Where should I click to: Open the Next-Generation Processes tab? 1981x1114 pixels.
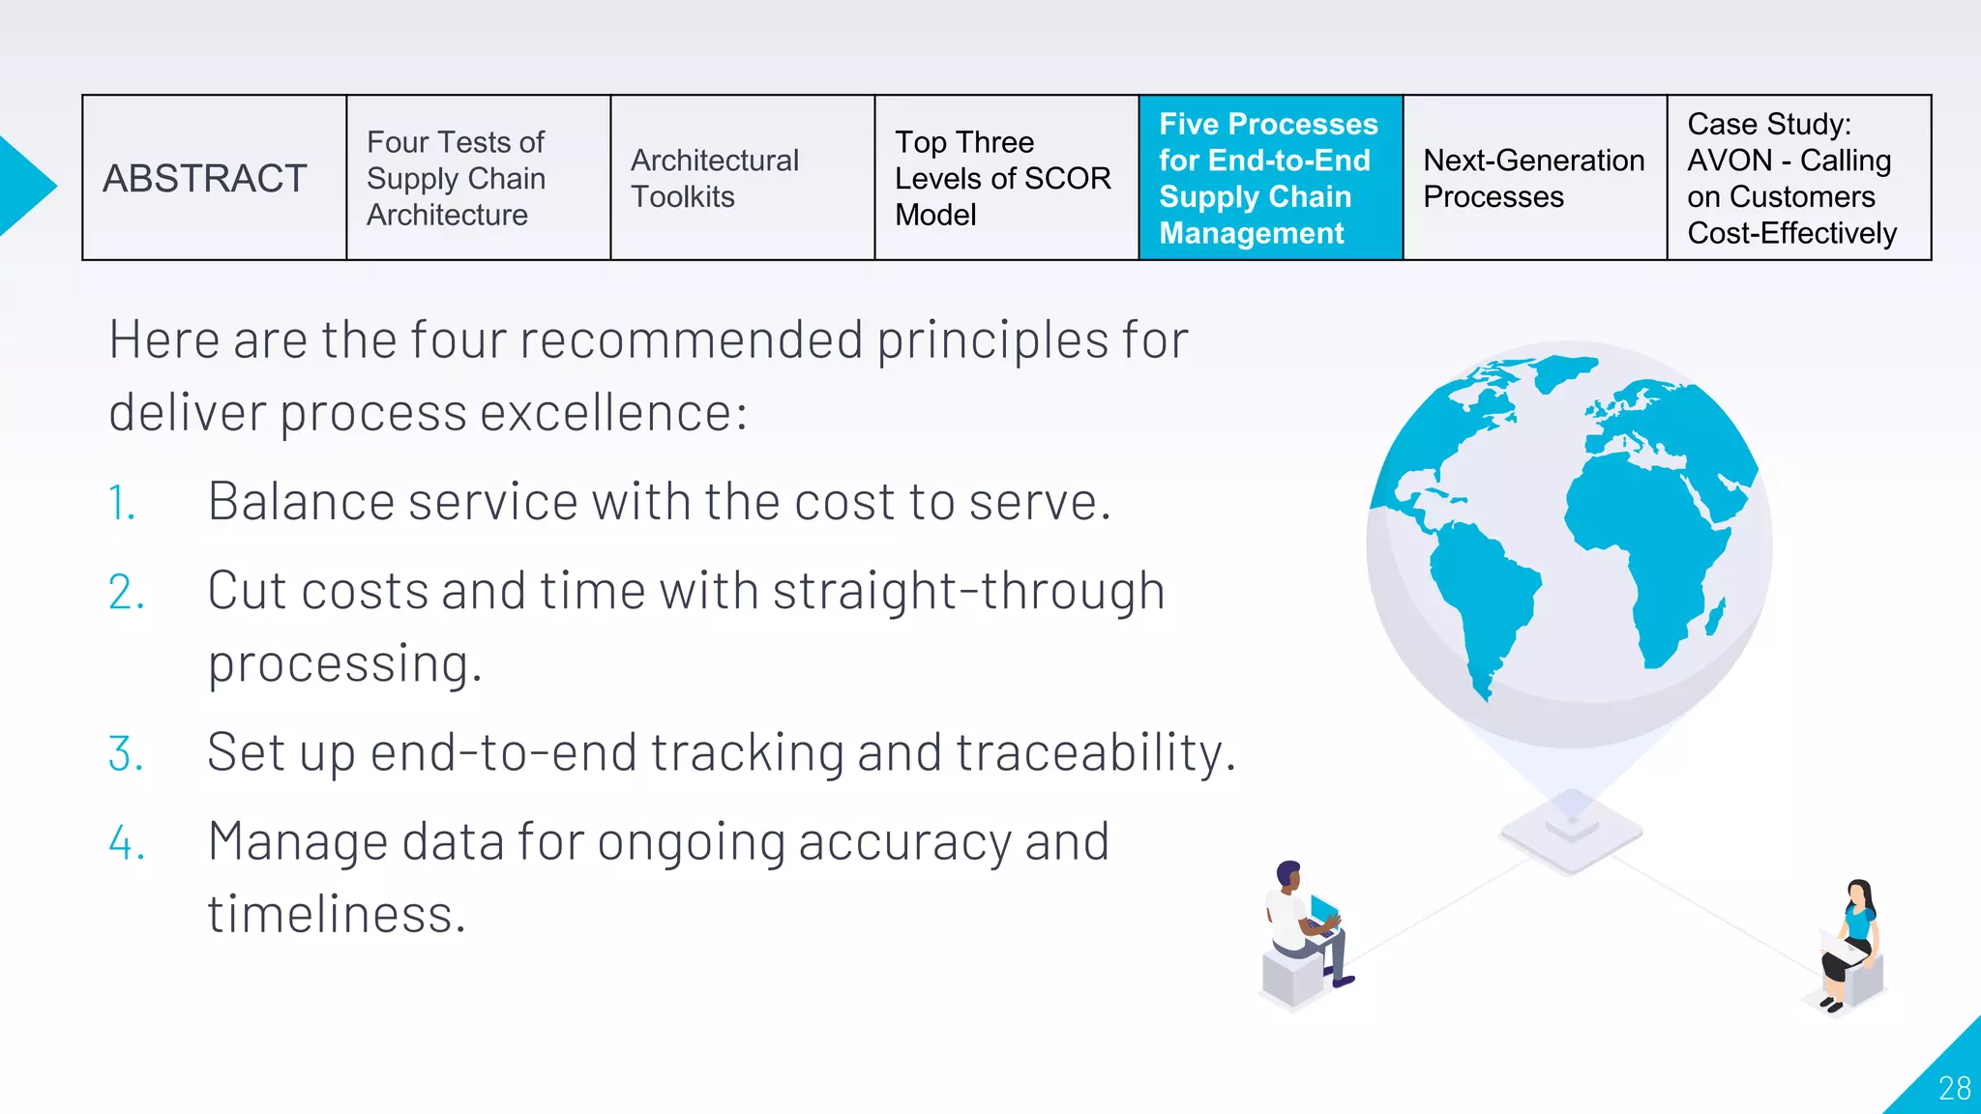(x=1534, y=178)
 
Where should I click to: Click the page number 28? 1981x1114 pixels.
(x=1954, y=1089)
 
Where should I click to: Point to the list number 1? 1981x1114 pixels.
(x=122, y=504)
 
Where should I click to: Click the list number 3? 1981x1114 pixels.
(x=126, y=754)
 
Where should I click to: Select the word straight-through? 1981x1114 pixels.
(x=968, y=591)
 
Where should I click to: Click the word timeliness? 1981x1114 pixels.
(x=336, y=915)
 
